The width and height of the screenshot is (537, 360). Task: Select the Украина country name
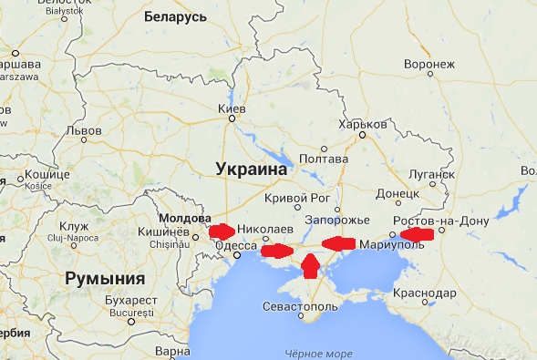click(x=252, y=169)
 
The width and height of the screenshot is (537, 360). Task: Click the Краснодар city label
click(x=426, y=293)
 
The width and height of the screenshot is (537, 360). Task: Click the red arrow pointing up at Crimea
click(x=310, y=265)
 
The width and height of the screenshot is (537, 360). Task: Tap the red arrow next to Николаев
click(x=222, y=231)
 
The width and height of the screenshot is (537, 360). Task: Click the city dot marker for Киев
click(x=232, y=118)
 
